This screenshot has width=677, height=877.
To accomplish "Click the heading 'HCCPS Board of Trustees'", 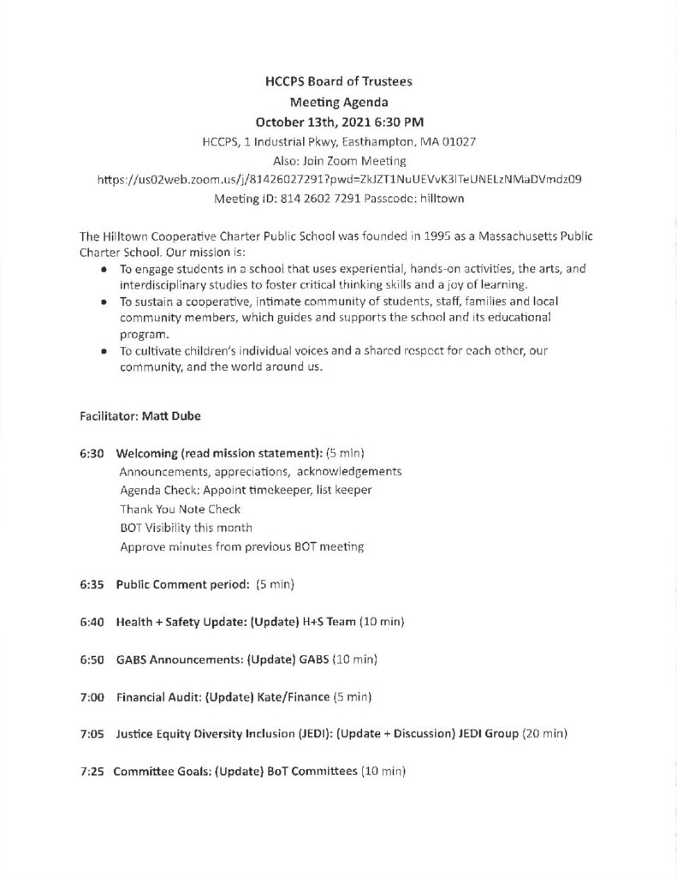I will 339,82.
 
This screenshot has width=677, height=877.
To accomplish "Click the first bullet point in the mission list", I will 104,269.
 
